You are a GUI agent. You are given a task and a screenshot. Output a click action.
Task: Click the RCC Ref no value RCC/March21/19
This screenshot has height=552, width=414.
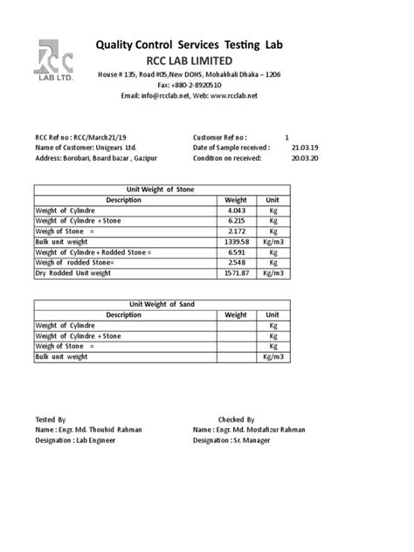pos(97,138)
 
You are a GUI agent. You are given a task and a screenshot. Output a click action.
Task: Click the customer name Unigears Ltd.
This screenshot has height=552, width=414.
pos(115,148)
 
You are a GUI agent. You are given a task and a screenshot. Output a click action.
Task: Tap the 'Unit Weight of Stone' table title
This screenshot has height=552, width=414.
pos(161,190)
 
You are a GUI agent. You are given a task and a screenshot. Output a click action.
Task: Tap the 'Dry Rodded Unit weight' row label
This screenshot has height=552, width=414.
pos(73,273)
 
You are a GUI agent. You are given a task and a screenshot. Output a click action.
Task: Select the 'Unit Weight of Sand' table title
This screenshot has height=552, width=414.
pos(161,304)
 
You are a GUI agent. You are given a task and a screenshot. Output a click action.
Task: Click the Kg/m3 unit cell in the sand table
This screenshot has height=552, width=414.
pos(273,356)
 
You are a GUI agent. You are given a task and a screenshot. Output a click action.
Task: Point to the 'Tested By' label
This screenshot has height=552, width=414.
pos(50,419)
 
